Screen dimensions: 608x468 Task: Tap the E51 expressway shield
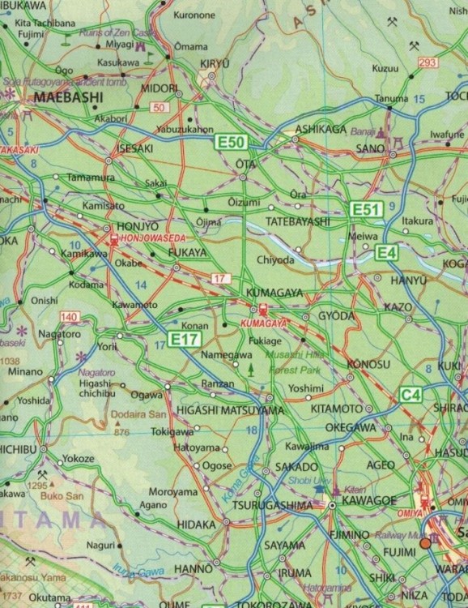tap(365, 210)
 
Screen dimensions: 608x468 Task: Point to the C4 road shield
tap(411, 395)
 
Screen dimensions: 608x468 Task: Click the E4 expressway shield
tap(387, 253)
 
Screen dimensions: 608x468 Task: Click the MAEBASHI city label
tap(68, 97)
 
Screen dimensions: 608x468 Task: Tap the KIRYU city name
tap(215, 63)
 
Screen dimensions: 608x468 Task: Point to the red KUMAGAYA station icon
tap(263, 309)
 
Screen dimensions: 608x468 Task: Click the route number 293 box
tap(428, 63)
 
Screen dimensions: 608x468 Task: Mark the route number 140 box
tap(70, 315)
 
